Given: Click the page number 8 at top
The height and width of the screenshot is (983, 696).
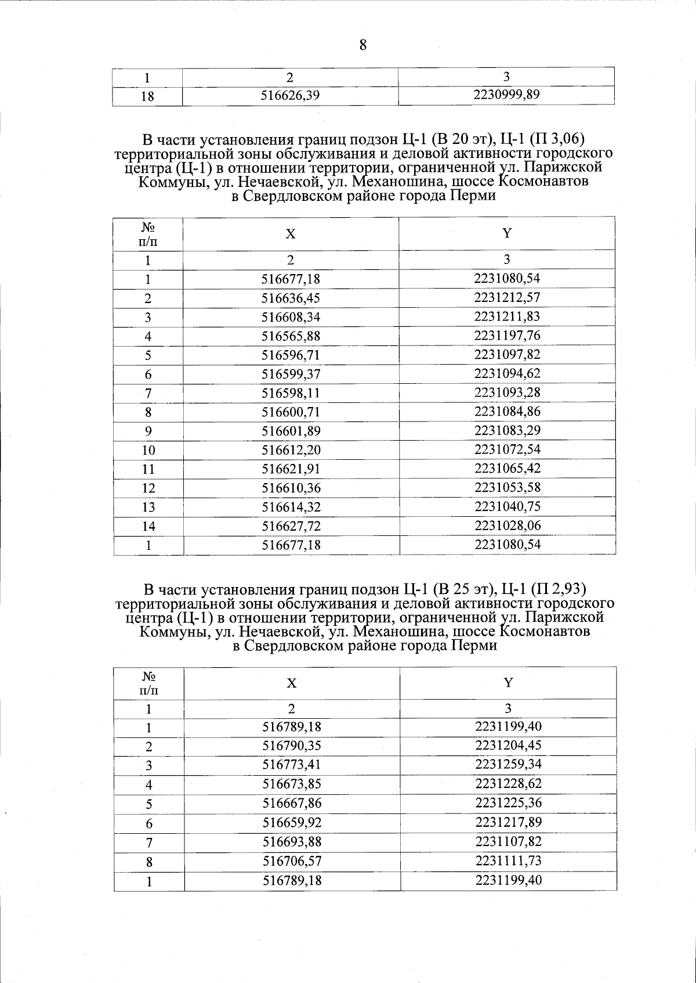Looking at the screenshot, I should [x=363, y=45].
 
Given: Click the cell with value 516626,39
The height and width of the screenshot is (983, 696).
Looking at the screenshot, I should [x=291, y=96].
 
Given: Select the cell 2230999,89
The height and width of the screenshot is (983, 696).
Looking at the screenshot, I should [x=507, y=95].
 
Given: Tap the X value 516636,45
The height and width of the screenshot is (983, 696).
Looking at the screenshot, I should [x=291, y=298].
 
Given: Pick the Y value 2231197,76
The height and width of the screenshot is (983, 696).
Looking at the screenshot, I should [x=507, y=336].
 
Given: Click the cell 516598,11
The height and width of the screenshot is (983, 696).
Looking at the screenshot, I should [x=291, y=393].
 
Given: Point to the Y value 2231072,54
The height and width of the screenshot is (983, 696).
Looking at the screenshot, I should [x=507, y=449].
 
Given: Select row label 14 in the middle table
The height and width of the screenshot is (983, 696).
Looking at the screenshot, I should [x=148, y=527].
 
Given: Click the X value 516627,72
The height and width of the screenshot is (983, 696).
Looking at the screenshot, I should [x=291, y=527].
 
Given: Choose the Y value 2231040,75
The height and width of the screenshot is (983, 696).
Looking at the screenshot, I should [x=507, y=506].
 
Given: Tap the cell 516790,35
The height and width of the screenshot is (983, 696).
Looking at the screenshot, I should [x=292, y=746].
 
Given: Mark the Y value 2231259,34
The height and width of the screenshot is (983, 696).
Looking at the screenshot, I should [x=508, y=765].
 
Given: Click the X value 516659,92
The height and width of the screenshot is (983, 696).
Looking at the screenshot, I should [x=292, y=823].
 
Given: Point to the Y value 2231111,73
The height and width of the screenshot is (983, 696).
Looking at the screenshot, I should [x=508, y=860].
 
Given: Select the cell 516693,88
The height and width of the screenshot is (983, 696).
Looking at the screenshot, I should [x=292, y=842].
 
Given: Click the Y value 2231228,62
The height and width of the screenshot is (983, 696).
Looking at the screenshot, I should [x=508, y=784].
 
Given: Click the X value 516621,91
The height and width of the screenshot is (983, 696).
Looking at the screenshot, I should [x=291, y=469].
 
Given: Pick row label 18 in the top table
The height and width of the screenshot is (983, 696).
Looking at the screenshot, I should [x=148, y=96].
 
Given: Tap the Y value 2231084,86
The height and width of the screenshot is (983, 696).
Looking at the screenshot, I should [x=507, y=412].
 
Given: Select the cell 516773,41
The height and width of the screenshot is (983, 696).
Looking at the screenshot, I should [x=292, y=765].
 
